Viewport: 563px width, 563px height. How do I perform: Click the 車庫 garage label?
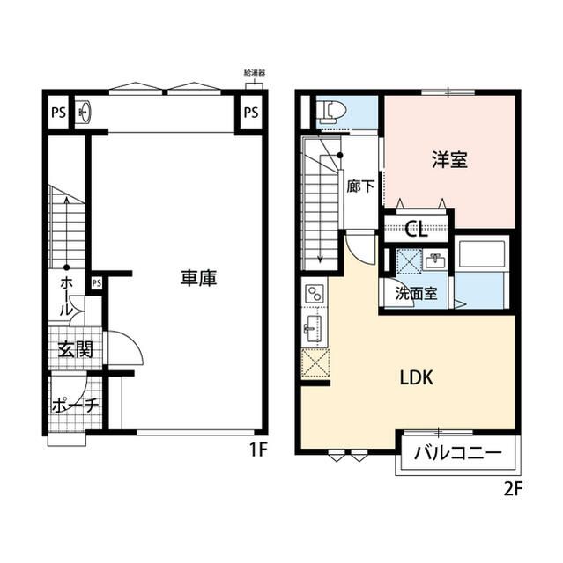(198, 278)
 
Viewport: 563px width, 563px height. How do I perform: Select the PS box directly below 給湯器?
(251, 113)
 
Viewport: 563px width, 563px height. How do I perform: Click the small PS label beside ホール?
(97, 282)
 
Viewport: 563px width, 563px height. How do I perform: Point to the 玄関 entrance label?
(76, 349)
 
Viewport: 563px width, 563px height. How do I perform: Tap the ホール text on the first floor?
(67, 296)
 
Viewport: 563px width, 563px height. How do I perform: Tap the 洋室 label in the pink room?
(449, 160)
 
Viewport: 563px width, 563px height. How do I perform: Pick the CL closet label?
(416, 231)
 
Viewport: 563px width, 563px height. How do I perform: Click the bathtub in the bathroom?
(482, 256)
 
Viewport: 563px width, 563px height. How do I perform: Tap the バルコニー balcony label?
(458, 454)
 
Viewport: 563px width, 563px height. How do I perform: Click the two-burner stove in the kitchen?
(315, 294)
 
